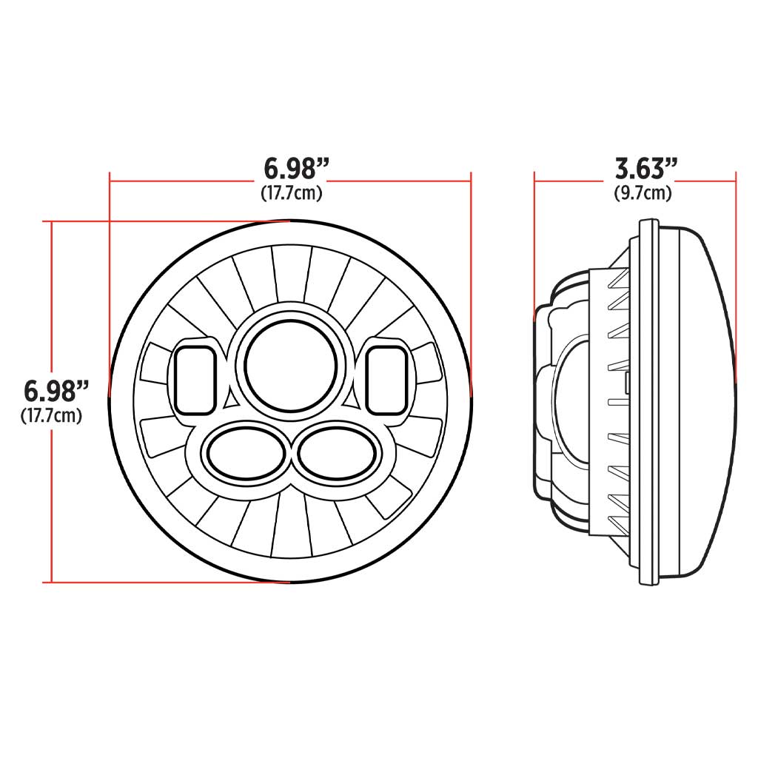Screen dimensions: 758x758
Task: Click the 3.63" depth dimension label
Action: (645, 170)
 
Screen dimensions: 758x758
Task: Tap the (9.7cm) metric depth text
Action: (643, 193)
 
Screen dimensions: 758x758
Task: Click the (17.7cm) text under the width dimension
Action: (291, 193)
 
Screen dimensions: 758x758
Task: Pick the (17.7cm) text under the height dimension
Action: (51, 415)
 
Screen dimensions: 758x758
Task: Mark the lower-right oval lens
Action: (338, 454)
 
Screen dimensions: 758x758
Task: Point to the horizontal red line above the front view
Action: (185, 178)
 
